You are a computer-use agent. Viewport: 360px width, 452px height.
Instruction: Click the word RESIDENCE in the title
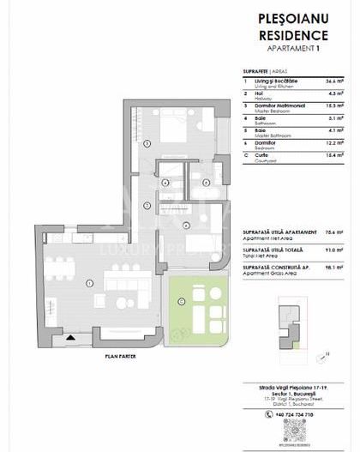(x=293, y=35)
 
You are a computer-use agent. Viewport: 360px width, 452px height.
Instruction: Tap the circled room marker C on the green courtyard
(x=181, y=299)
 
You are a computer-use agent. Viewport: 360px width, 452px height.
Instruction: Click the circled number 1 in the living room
(x=90, y=284)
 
